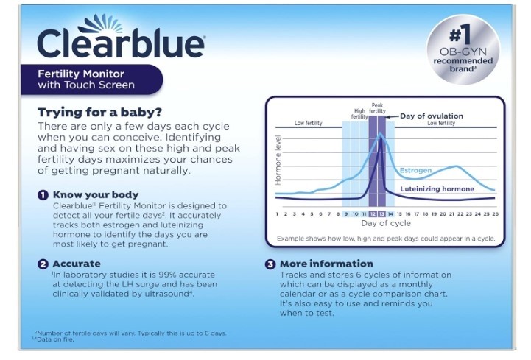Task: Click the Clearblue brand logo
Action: (x=121, y=37)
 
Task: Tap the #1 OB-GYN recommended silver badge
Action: (x=463, y=49)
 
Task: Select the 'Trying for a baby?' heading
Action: (x=100, y=112)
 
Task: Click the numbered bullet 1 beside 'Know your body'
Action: (x=43, y=195)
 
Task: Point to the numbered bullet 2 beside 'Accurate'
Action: (x=43, y=264)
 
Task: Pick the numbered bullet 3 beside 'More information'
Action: (x=270, y=264)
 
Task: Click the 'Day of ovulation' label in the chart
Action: (x=432, y=116)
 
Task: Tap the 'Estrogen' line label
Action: (x=416, y=170)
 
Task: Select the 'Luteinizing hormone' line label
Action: (x=437, y=189)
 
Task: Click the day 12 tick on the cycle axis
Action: (x=373, y=214)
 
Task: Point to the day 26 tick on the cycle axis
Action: (x=495, y=214)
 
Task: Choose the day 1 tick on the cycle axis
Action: (x=277, y=214)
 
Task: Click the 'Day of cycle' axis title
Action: (x=386, y=223)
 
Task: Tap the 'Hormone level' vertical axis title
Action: (x=278, y=160)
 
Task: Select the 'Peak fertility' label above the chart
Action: (x=377, y=108)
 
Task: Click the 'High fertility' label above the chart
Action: (x=359, y=113)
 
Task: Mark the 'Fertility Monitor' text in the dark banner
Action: (x=81, y=74)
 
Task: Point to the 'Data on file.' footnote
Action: (x=55, y=339)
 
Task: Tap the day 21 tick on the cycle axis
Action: (x=451, y=214)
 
